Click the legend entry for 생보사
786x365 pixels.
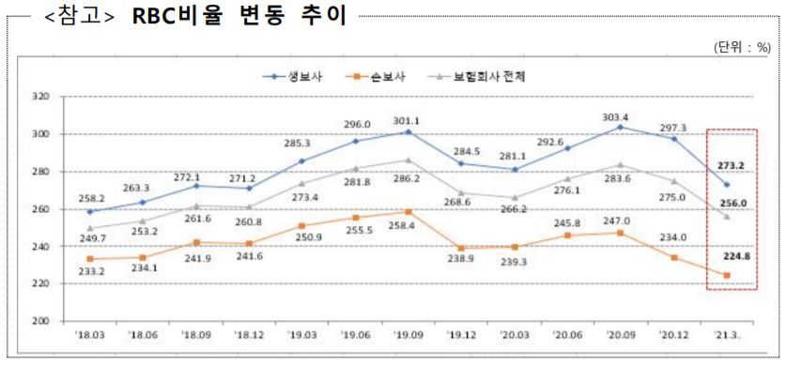(298, 76)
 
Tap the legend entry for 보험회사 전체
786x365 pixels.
(481, 76)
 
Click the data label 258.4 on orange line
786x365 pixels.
(407, 228)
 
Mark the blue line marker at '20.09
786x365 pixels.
(620, 127)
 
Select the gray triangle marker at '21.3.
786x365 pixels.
(726, 217)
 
